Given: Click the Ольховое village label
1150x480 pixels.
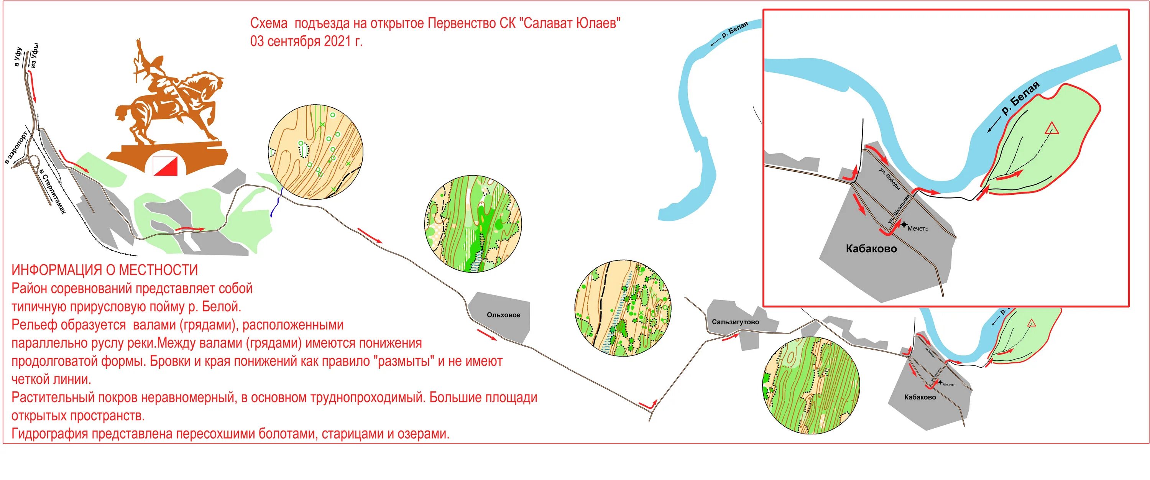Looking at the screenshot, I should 503,315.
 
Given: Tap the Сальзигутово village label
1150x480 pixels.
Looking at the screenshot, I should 735,322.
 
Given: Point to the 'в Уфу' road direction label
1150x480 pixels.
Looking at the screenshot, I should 18,57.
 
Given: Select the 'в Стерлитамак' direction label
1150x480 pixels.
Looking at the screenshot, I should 53,192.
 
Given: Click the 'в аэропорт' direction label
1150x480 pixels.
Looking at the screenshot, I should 16,148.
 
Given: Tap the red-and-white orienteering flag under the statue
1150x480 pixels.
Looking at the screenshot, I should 165,166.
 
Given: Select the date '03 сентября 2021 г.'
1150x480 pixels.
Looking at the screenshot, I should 306,41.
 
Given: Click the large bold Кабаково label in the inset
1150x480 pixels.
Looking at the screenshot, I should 871,249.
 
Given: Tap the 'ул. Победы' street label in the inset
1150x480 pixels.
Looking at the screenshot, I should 890,178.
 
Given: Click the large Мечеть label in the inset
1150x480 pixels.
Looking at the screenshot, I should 918,228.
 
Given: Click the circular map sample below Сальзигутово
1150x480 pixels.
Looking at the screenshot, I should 810,385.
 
